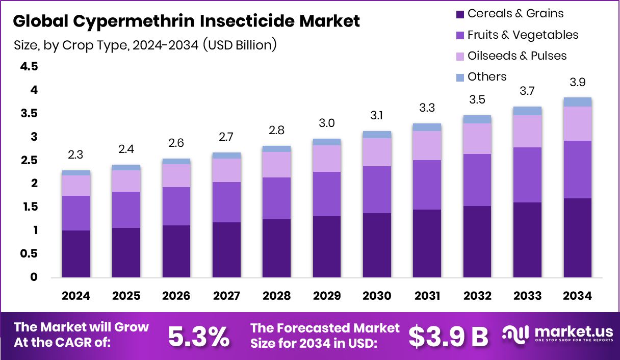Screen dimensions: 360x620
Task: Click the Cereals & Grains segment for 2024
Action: pyautogui.click(x=76, y=253)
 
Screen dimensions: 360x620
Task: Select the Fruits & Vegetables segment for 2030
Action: pyautogui.click(x=377, y=190)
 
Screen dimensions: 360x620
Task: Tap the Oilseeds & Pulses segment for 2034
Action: pyautogui.click(x=577, y=123)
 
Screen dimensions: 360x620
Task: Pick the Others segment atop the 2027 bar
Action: pyautogui.click(x=226, y=156)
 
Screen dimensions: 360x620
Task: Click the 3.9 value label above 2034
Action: pyautogui.click(x=577, y=83)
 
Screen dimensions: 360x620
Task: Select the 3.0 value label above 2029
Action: pyautogui.click(x=327, y=124)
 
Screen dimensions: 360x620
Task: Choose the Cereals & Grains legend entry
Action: pyautogui.click(x=515, y=14)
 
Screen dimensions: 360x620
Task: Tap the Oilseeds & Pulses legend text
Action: pyautogui.click(x=517, y=56)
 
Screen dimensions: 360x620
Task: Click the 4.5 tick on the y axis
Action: pyautogui.click(x=29, y=67)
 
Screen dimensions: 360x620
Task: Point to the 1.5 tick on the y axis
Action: pyautogui.click(x=29, y=207)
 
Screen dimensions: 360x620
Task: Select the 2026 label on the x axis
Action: pyautogui.click(x=176, y=296)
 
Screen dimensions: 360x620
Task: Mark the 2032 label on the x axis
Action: pyautogui.click(x=477, y=296)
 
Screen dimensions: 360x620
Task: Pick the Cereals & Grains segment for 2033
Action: pyautogui.click(x=527, y=240)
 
